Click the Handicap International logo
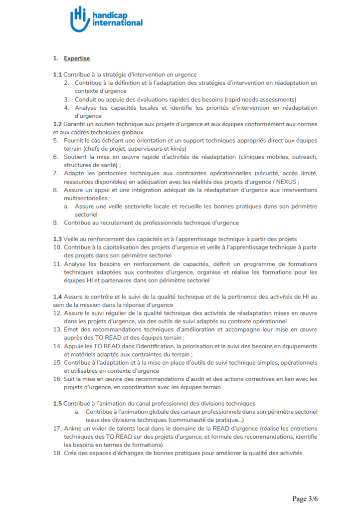[106, 18]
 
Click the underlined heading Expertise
[77, 58]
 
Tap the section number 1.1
[57, 74]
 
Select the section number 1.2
[57, 124]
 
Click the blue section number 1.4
[57, 296]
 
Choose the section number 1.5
[57, 403]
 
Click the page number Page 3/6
[305, 498]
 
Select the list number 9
[55, 222]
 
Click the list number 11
[57, 263]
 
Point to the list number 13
[57, 329]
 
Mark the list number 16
[57, 379]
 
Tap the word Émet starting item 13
[72, 329]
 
